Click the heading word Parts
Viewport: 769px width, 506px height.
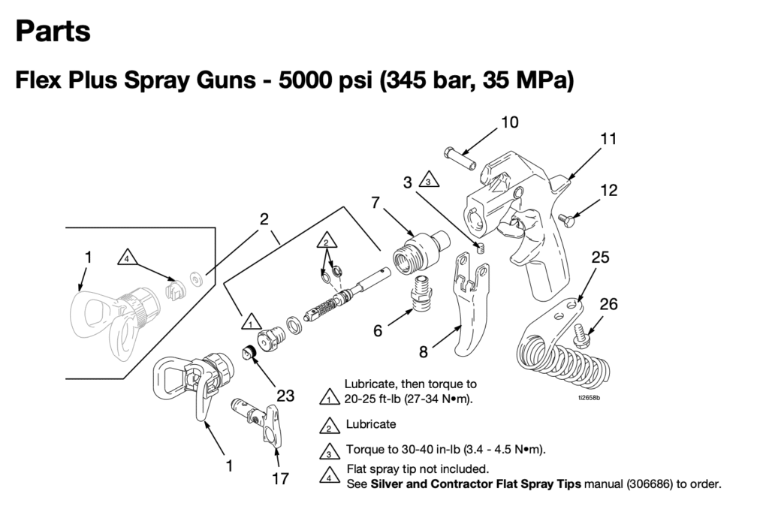(53, 32)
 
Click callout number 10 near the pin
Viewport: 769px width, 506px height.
(509, 122)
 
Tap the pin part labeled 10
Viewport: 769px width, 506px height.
(457, 158)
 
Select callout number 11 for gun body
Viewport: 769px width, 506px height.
(608, 138)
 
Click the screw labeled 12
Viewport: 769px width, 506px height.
(569, 220)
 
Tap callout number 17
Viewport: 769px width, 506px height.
(280, 478)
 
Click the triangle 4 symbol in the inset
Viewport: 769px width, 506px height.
(127, 258)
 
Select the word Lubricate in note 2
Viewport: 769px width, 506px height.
(370, 424)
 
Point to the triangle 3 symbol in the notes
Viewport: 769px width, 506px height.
(327, 450)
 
